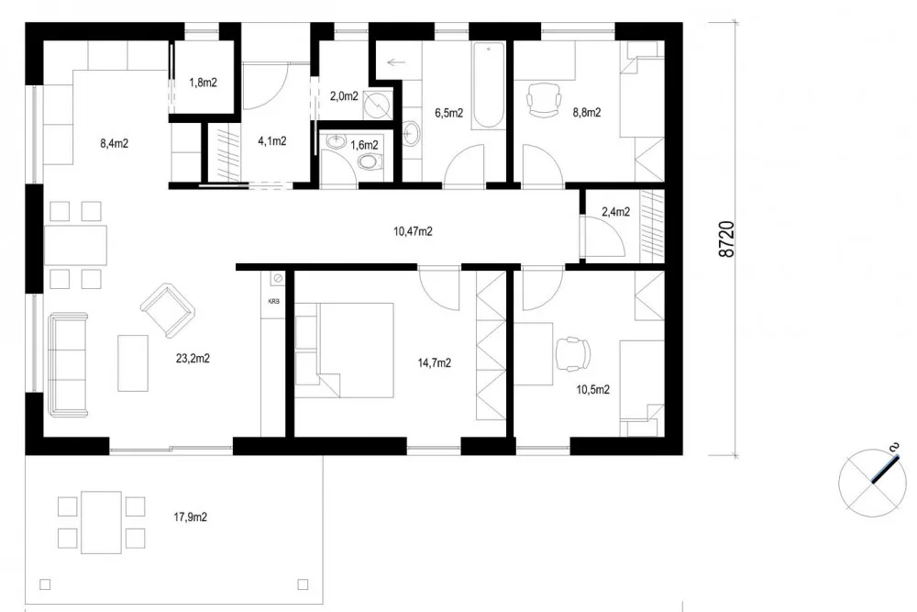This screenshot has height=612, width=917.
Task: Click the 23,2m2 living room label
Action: coord(193,359)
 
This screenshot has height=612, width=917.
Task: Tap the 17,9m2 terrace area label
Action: coord(190,517)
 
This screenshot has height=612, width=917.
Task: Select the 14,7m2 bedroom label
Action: coord(434,363)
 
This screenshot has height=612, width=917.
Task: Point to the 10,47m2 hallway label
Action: coord(413,232)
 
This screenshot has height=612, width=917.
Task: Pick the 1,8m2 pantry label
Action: coord(203,83)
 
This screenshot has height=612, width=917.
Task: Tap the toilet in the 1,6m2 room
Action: coord(369,161)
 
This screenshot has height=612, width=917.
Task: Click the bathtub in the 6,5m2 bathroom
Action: coord(489,85)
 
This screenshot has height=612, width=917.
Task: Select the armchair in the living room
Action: coord(167,310)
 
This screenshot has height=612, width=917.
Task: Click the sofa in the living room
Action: coord(69,365)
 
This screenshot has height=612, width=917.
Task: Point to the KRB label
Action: coord(273,302)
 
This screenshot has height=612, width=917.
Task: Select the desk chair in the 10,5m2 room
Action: coord(572,354)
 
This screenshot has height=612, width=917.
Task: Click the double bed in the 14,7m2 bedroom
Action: coord(345,351)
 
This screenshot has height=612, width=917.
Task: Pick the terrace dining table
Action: coord(101,522)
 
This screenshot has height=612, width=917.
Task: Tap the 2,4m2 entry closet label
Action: coord(616,212)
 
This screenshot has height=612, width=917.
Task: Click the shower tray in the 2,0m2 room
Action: coord(378,105)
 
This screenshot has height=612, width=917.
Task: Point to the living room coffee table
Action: coord(133,362)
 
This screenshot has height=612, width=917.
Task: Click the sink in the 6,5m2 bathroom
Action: coord(411,132)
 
